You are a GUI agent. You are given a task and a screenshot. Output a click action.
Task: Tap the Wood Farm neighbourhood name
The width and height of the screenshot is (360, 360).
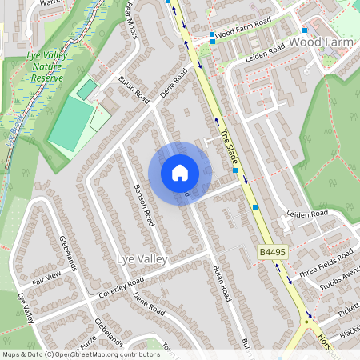coord(320,40)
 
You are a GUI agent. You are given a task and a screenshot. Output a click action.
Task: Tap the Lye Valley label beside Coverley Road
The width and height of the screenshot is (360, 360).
coord(142,259)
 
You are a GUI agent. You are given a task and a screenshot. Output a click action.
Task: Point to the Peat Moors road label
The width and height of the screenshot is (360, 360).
coord(133,12)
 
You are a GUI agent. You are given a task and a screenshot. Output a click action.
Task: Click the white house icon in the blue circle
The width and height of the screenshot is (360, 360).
coord(180,173)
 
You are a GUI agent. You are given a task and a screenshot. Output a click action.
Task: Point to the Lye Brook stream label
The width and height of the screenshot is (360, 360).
coord(12,132)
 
